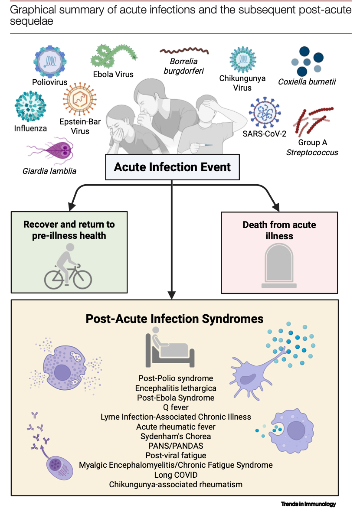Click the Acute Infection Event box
click(172, 167)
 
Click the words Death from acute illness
click(279, 231)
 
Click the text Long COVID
click(176, 475)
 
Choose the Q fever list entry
click(176, 407)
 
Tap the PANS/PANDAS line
click(176, 446)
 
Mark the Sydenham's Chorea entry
click(176, 436)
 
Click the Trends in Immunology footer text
click(308, 504)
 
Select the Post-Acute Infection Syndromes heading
click(174, 319)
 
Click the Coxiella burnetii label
click(307, 81)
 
